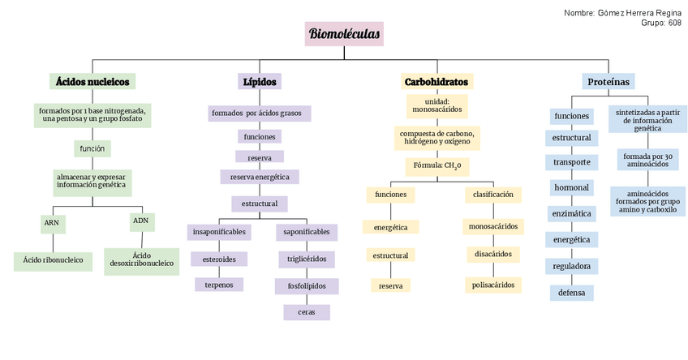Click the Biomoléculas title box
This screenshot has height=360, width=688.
click(x=344, y=34)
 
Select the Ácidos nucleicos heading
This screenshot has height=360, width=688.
click(x=92, y=82)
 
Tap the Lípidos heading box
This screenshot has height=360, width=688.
click(x=260, y=82)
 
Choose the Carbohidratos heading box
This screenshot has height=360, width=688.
click(x=436, y=82)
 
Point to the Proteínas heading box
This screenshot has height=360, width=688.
click(x=608, y=81)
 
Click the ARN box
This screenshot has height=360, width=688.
click(x=52, y=222)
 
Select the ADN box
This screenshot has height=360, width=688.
click(x=140, y=221)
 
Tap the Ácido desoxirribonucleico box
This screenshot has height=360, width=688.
click(x=142, y=259)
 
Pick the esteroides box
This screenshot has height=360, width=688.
click(x=219, y=259)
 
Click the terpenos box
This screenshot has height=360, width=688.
click(x=219, y=285)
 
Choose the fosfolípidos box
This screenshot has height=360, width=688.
click(x=306, y=285)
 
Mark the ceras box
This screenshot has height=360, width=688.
click(x=306, y=311)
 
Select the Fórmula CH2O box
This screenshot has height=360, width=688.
click(x=436, y=166)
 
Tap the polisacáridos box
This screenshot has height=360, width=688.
click(x=492, y=285)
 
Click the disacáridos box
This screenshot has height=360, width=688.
click(x=492, y=254)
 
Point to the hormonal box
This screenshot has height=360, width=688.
click(x=571, y=188)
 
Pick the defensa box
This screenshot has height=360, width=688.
click(x=571, y=293)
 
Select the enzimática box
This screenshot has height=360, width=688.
click(x=571, y=214)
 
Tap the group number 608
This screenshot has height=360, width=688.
click(x=674, y=24)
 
